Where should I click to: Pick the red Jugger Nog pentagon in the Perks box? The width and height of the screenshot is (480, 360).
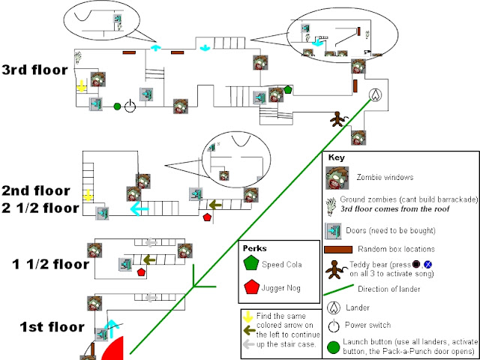tap(249, 286)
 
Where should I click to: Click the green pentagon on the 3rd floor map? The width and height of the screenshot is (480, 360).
tap(288, 90)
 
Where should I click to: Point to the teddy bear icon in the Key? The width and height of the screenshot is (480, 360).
tap(334, 268)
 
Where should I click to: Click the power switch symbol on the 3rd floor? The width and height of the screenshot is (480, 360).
tap(130, 106)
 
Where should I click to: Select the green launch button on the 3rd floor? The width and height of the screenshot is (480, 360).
tap(117, 106)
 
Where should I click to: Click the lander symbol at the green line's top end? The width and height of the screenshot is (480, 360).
tap(376, 95)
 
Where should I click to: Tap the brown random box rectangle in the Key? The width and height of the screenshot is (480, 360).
tap(334, 249)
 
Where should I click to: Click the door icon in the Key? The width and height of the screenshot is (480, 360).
tap(334, 229)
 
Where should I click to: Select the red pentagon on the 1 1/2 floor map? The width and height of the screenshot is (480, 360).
tap(141, 271)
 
